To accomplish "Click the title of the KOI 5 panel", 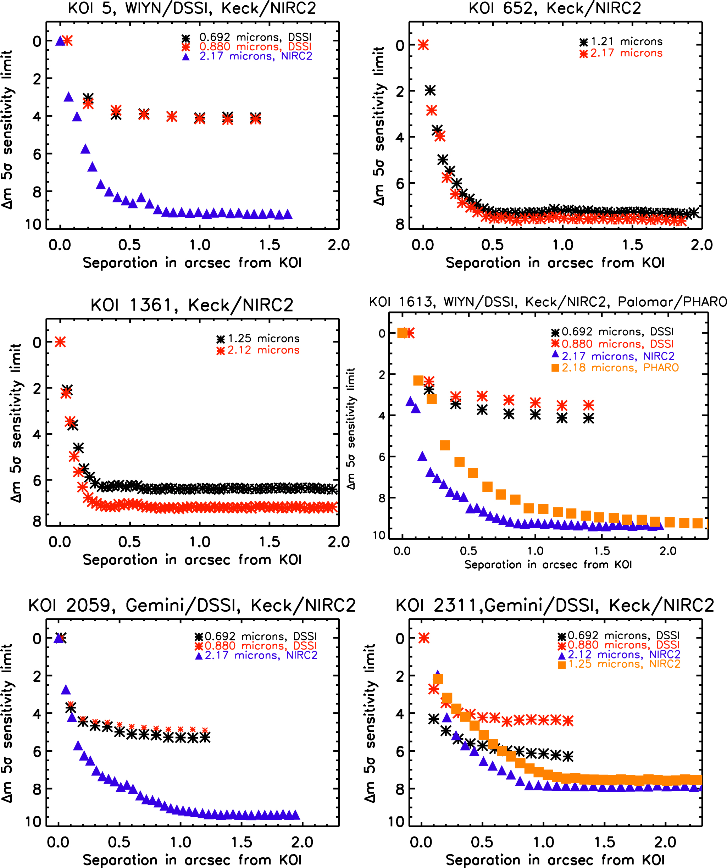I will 192,8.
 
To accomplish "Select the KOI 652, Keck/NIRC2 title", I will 555,8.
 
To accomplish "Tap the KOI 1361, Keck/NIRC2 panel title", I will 192,305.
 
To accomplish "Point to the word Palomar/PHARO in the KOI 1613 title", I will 672,302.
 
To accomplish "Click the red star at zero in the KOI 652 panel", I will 423,45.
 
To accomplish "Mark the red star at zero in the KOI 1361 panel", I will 60,342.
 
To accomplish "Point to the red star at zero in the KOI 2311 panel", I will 424,638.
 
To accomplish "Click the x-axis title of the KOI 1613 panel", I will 548,564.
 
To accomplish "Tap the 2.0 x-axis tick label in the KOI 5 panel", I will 339,245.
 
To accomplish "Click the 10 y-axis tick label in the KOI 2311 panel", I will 396,822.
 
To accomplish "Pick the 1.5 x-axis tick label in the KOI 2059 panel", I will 242,842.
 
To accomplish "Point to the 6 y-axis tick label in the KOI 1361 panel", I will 37,480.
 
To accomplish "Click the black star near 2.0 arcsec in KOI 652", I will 693,212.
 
